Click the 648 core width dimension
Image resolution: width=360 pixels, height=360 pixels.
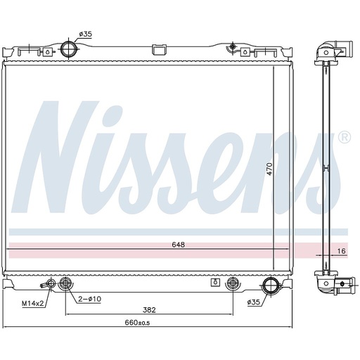coord(179,245)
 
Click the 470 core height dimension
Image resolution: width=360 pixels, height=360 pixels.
coord(270,169)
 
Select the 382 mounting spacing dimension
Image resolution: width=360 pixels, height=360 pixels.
coord(149,310)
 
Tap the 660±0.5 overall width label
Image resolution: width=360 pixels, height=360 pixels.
coord(137,323)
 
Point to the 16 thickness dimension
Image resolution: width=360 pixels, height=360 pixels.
coord(342,251)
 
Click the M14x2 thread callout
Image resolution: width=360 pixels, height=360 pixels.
coord(33,304)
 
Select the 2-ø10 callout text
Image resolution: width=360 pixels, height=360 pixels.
coord(89,299)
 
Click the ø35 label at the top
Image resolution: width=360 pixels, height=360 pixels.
coord(86,34)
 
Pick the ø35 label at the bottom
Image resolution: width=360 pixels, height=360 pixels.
coord(254,302)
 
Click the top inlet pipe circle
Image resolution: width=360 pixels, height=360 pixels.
coord(69,49)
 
